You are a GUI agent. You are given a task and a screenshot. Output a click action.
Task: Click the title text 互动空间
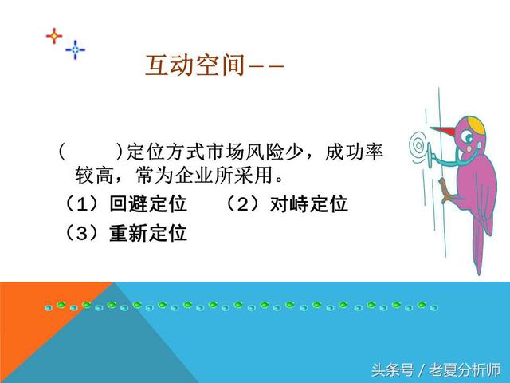[194, 65]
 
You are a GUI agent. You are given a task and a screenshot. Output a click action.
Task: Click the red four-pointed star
[53, 36]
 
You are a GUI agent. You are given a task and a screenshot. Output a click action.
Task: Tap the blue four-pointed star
[76, 49]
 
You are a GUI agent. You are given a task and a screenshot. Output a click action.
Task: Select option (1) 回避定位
[124, 204]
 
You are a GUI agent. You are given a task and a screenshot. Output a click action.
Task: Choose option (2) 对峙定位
[286, 204]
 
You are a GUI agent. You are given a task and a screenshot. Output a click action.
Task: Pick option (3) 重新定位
[124, 234]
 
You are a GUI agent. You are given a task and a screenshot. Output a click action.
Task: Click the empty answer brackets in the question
[88, 150]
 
